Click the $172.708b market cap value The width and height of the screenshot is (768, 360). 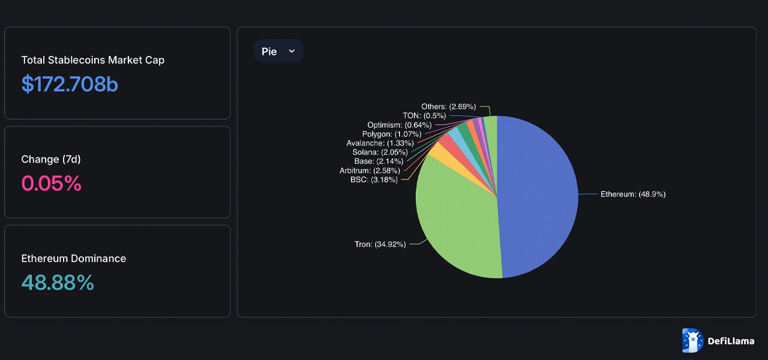(70, 85)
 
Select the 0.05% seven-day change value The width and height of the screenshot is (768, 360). (51, 184)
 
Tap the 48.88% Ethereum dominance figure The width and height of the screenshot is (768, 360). (58, 283)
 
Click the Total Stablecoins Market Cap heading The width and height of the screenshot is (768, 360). (92, 60)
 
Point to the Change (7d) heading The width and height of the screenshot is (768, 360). (51, 159)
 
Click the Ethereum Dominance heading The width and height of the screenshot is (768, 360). (73, 259)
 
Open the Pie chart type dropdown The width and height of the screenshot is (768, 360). (278, 51)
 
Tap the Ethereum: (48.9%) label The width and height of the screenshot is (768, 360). (633, 194)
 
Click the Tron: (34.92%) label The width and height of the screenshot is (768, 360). (380, 244)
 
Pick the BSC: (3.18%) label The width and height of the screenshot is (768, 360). (374, 179)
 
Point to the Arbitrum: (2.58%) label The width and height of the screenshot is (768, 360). (370, 170)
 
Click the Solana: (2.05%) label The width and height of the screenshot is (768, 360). (380, 152)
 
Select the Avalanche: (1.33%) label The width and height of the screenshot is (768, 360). (380, 143)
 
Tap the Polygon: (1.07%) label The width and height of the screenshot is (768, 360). (391, 134)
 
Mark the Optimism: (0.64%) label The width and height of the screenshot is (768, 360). (399, 125)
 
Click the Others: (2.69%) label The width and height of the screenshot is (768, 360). (448, 107)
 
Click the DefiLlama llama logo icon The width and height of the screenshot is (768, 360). (692, 341)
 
